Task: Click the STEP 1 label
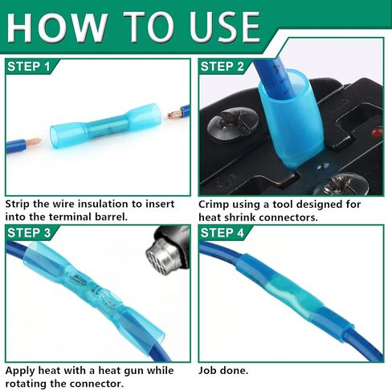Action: pyautogui.click(x=29, y=67)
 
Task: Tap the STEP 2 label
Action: pyautogui.click(x=223, y=67)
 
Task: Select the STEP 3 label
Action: pyautogui.click(x=29, y=233)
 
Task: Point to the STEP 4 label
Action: pyautogui.click(x=223, y=233)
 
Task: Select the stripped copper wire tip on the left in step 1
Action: pyautogui.click(x=35, y=142)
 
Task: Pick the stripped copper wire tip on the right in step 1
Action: pyautogui.click(x=174, y=114)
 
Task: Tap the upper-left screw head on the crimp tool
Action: pyautogui.click(x=233, y=124)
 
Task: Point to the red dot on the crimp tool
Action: pyautogui.click(x=377, y=132)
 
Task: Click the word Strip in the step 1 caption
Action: pyautogui.click(x=18, y=204)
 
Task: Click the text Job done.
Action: pyautogui.click(x=223, y=371)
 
